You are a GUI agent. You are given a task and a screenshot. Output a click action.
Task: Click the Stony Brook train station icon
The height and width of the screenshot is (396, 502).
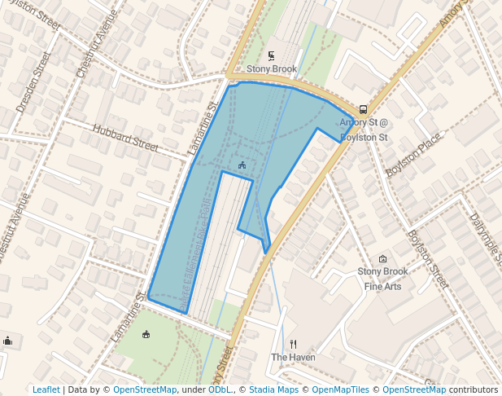tap(272, 56)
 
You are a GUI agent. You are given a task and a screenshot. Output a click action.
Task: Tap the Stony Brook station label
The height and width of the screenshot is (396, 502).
tap(272, 69)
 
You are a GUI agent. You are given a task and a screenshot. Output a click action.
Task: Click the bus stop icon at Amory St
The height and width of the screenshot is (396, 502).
tap(363, 109)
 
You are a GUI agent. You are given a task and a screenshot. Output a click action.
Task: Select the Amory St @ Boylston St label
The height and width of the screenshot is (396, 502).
tap(364, 130)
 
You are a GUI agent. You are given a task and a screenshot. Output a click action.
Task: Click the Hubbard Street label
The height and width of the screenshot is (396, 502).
tap(125, 137)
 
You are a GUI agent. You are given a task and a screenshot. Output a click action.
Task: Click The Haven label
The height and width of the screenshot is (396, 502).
tap(293, 357)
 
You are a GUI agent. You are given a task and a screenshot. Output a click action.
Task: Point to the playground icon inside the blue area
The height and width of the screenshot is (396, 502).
tap(242, 165)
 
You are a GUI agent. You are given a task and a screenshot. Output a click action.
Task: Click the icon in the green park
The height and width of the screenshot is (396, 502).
tap(146, 334)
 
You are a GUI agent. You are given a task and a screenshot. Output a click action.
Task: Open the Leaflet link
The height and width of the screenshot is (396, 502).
tap(46, 389)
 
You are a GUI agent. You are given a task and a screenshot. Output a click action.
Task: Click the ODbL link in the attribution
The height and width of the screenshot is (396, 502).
tap(220, 389)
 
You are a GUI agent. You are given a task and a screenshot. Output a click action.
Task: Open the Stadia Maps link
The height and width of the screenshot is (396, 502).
tap(273, 389)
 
